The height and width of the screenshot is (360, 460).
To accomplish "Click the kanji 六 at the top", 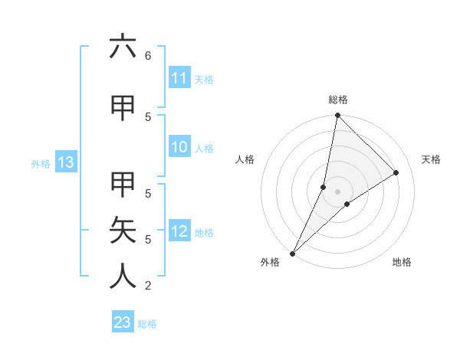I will point(123,47).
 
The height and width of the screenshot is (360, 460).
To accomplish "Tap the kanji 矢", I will point(123,229).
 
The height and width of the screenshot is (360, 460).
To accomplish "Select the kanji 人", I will point(123,276).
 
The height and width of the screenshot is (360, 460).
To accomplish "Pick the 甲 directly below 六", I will point(123,109).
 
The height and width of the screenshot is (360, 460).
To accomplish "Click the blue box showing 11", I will point(179,78).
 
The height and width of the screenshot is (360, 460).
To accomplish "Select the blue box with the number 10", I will point(179,148).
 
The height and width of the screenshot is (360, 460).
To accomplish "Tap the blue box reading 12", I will point(179,231).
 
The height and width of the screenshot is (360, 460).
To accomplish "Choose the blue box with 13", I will point(65,162).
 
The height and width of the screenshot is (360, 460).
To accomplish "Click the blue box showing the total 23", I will point(123,322).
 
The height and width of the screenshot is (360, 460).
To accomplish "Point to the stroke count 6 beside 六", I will point(148,55).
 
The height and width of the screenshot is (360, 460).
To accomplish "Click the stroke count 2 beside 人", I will point(148,286).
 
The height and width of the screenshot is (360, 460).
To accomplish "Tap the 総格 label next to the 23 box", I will point(148,324).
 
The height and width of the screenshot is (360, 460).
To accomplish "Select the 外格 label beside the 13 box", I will point(41,163).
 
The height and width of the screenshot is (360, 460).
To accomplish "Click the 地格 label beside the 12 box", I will point(204,232).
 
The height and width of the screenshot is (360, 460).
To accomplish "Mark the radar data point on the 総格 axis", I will point(337,115).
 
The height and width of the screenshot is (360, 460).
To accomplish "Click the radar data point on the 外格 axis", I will point(292,253).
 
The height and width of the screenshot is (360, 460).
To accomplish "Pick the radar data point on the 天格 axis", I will point(396,172).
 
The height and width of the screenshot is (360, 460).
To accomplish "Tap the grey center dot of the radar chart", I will point(337,191).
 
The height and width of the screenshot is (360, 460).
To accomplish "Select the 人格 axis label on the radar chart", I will point(245,159).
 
